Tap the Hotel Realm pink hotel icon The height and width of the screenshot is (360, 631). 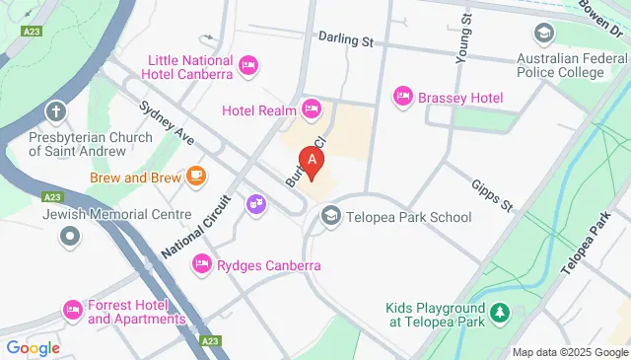coord(312,108)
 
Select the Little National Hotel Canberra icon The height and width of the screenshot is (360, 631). coord(248,66)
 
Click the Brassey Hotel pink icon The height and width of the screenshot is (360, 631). coord(402,97)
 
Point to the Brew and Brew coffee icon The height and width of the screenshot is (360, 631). coord(196,177)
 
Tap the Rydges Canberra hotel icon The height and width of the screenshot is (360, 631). coord(201,263)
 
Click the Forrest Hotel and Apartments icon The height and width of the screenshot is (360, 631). coord(72,311)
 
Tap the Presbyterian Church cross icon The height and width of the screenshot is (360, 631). coord(57,110)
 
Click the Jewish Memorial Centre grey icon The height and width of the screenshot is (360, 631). coord(69,236)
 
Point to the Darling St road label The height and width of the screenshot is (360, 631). coord(345,40)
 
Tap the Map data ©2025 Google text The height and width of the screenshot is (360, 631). coord(569,352)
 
